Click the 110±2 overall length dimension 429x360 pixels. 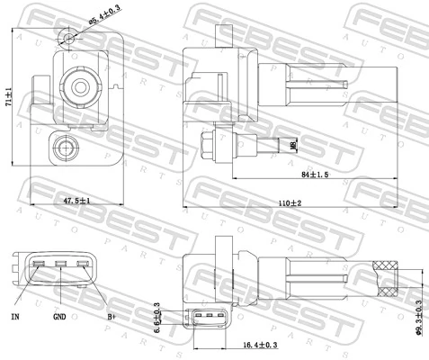(289, 204)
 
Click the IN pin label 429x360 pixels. (15, 318)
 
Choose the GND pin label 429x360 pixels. (58, 318)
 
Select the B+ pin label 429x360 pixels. (112, 318)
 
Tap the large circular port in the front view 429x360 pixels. (78, 88)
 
